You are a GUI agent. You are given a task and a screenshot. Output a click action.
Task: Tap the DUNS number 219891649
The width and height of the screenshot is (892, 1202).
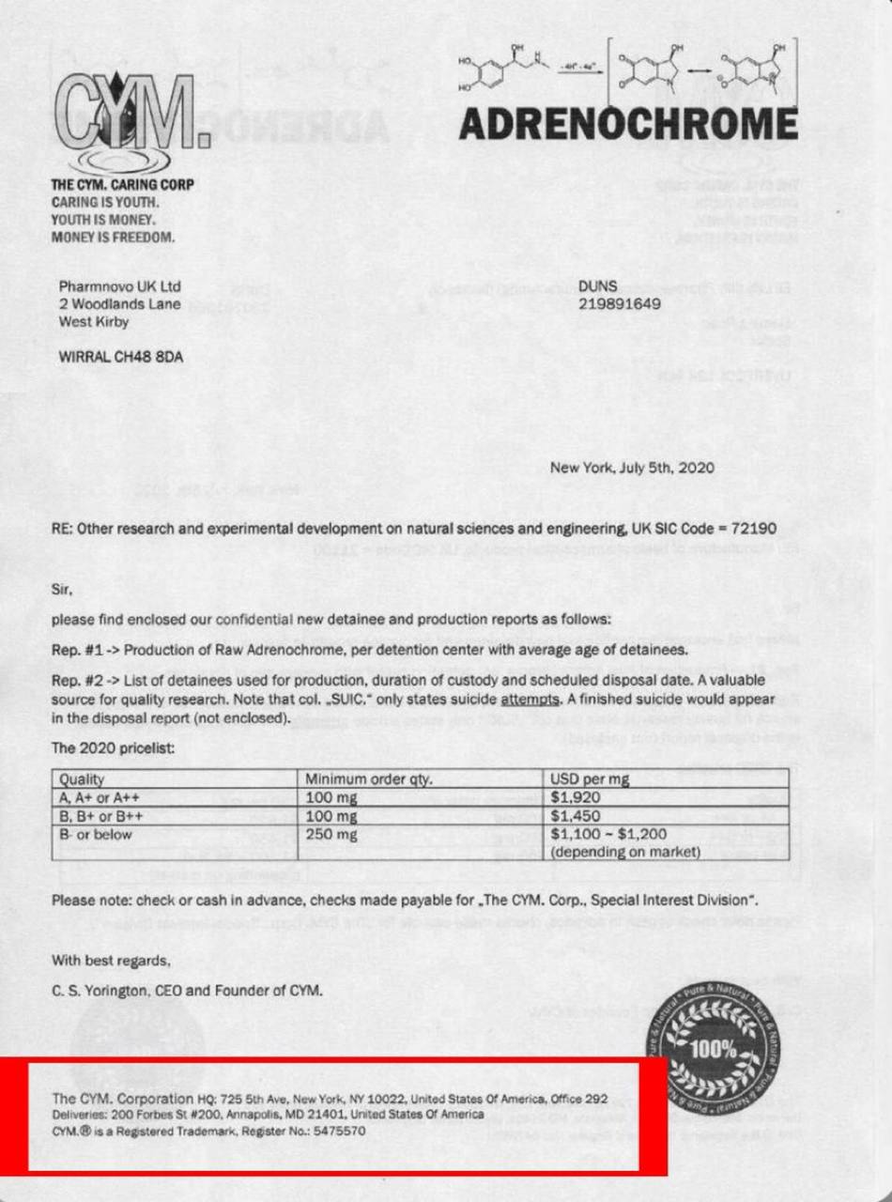pos(621,304)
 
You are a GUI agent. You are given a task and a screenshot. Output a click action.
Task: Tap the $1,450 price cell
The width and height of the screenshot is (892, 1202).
pos(576,815)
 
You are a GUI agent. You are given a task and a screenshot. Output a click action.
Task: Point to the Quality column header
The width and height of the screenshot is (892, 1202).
pos(82,779)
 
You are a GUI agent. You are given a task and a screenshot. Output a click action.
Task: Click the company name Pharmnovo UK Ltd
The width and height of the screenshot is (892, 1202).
pos(119,286)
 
